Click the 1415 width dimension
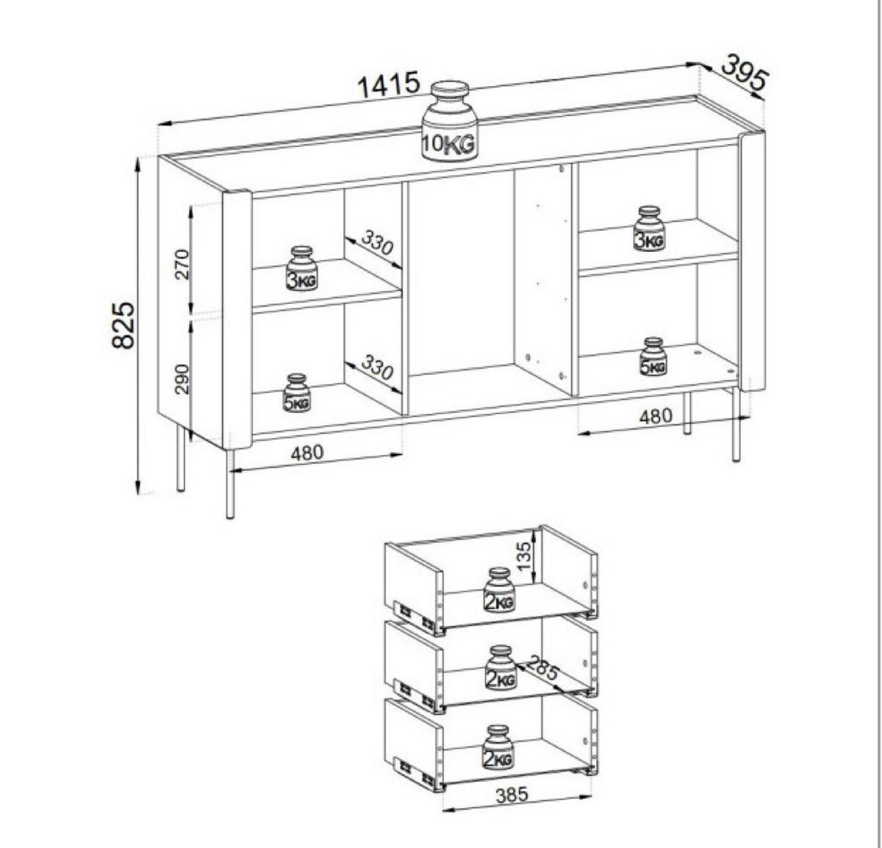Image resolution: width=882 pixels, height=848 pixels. click(x=389, y=85)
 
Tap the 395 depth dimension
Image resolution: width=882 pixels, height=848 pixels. click(x=745, y=73)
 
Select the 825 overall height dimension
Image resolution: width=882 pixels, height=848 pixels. click(x=123, y=326)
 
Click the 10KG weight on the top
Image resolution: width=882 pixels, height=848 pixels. click(x=450, y=121)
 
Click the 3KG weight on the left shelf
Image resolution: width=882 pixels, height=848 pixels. click(x=302, y=268)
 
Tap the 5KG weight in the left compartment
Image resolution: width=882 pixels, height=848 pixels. click(x=298, y=393)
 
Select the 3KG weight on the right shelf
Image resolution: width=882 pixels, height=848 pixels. click(x=649, y=228)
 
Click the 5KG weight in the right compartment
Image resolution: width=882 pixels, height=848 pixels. click(x=653, y=356)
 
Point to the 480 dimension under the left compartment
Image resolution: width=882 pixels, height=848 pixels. click(x=307, y=453)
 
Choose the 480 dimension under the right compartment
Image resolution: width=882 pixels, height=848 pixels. click(x=656, y=416)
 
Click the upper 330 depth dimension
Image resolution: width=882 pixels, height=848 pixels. click(x=377, y=242)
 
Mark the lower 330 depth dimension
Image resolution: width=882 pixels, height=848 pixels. click(x=377, y=367)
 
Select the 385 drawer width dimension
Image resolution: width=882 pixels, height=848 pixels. click(x=512, y=794)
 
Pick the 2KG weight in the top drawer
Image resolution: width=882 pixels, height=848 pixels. click(x=499, y=589)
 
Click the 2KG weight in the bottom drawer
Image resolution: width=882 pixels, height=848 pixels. click(x=498, y=747)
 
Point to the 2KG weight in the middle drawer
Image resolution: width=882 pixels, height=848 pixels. click(x=501, y=668)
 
